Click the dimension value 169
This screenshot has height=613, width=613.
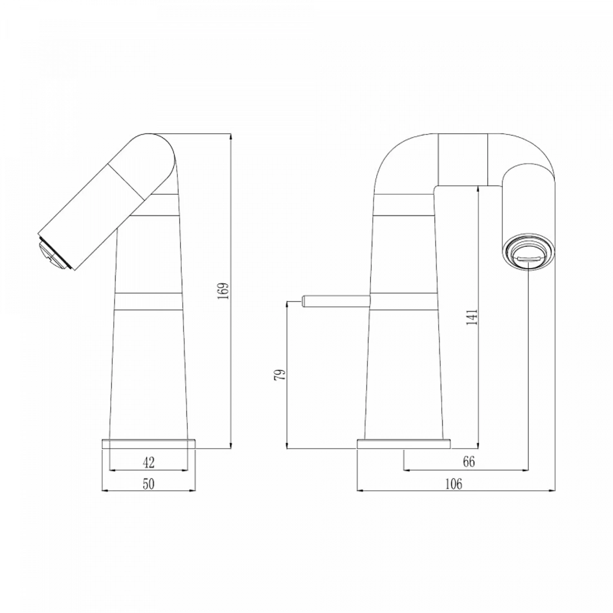(223, 291)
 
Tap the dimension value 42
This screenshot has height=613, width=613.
(149, 463)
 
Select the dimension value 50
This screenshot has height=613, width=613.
(149, 484)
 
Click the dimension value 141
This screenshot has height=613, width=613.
(472, 317)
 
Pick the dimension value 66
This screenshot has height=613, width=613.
(469, 462)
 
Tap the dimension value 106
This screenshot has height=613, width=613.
(454, 484)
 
